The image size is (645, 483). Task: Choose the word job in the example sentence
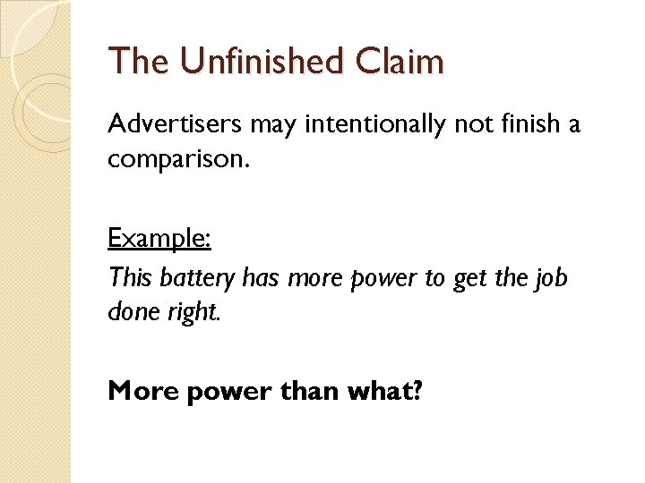pyautogui.click(x=550, y=277)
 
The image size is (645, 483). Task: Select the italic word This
pyautogui.click(x=131, y=277)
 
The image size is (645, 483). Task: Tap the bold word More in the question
pyautogui.click(x=143, y=391)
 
